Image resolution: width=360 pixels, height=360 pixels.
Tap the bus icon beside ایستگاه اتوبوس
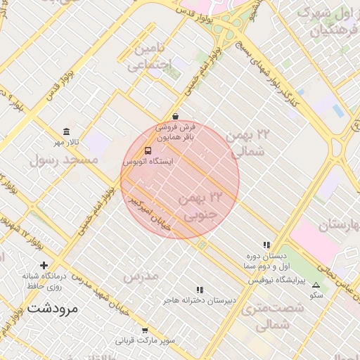pyautogui.click(x=148, y=150)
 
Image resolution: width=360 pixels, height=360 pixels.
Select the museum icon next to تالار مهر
pyautogui.click(x=66, y=132)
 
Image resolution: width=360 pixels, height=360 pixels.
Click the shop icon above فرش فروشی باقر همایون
pyautogui.click(x=174, y=117)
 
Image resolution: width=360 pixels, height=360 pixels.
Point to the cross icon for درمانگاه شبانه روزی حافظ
pyautogui.click(x=44, y=265)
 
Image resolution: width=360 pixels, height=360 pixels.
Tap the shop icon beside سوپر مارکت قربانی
pyautogui.click(x=145, y=330)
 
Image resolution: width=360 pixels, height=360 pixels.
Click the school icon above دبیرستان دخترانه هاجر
pyautogui.click(x=200, y=290)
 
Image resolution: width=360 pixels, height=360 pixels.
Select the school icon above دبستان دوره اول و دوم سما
pyautogui.click(x=266, y=245)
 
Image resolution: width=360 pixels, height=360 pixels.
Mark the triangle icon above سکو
pyautogui.click(x=316, y=285)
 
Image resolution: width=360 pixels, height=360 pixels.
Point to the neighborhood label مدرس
pyautogui.click(x=141, y=276)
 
